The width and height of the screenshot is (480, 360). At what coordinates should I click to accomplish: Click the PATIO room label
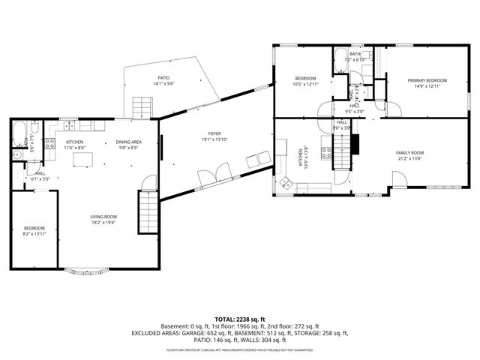click(163, 77)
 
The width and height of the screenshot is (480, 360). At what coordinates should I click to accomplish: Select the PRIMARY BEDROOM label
click(427, 80)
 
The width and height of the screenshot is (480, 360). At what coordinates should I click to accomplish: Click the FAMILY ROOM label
click(410, 152)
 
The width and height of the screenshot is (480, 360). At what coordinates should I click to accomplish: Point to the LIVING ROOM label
click(103, 217)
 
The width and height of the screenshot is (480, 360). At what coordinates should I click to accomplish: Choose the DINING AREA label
click(128, 142)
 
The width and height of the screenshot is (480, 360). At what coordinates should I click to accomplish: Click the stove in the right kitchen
click(327, 154)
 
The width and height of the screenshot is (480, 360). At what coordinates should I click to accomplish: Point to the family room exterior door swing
click(398, 180)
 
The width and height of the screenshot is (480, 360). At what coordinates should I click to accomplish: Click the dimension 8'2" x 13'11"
click(34, 235)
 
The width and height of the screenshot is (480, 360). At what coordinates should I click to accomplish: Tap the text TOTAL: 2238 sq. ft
click(239, 319)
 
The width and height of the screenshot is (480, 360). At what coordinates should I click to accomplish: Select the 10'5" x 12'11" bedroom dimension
click(305, 85)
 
